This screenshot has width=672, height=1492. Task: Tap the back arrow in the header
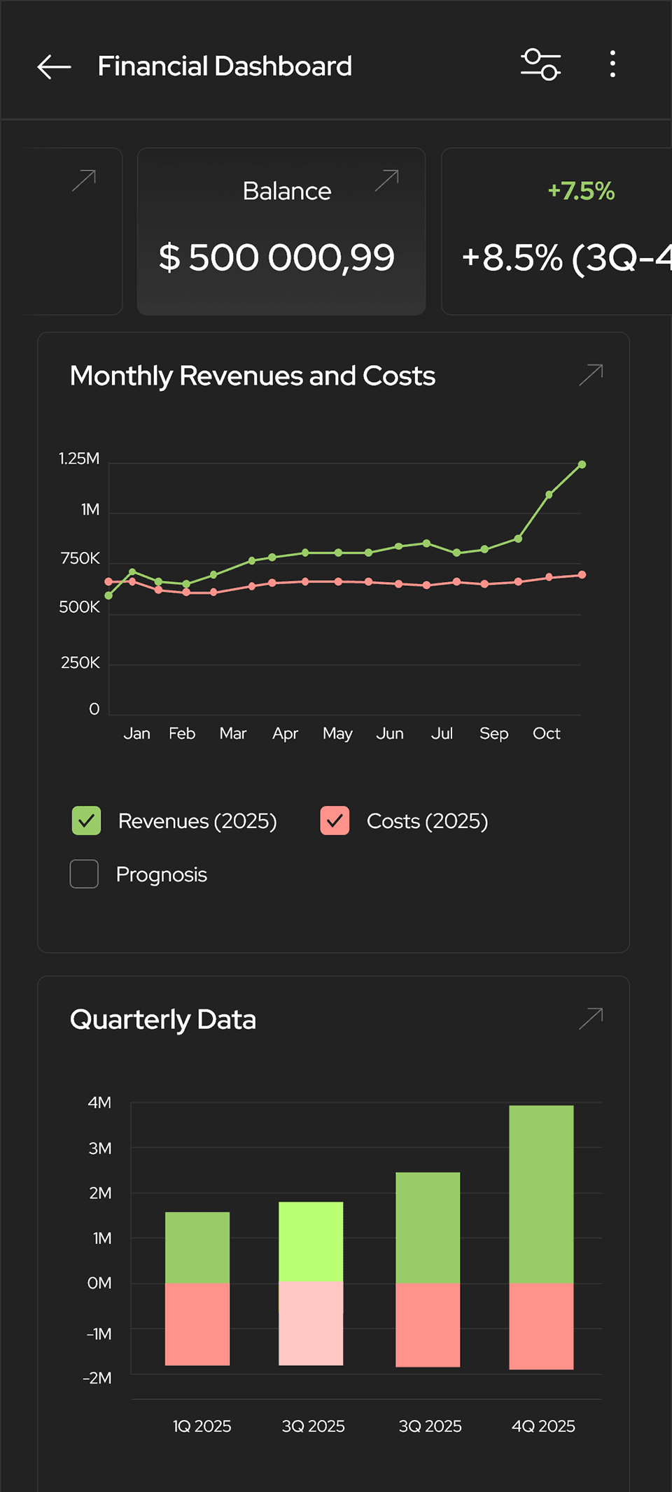[x=54, y=66]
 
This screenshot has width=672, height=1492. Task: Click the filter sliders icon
[x=540, y=65]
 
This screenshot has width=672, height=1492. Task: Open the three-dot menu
[x=612, y=64]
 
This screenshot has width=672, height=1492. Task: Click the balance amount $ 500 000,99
[x=276, y=257]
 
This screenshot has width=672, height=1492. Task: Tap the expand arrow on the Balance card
[x=386, y=180]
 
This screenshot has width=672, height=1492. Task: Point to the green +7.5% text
[x=581, y=191]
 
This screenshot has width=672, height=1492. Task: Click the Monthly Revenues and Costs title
[x=252, y=376]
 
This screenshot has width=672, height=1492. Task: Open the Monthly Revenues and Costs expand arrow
[x=591, y=375]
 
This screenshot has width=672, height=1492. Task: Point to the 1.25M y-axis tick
[x=79, y=459]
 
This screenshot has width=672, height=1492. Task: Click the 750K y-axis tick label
[x=80, y=559]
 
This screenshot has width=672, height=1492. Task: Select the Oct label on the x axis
[x=546, y=734]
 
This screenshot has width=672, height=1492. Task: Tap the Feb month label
[x=182, y=734]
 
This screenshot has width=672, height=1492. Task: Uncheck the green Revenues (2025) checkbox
[x=86, y=821]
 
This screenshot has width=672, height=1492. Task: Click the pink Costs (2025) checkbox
[x=335, y=821]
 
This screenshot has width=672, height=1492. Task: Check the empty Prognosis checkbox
[x=84, y=874]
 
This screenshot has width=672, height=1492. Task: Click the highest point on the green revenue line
[x=582, y=464]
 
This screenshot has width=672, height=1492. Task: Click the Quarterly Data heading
[x=163, y=1020]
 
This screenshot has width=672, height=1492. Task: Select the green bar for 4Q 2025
[x=541, y=1194]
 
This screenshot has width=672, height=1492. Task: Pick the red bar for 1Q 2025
[x=197, y=1323]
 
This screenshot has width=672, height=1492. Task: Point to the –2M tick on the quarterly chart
[x=97, y=1379]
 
